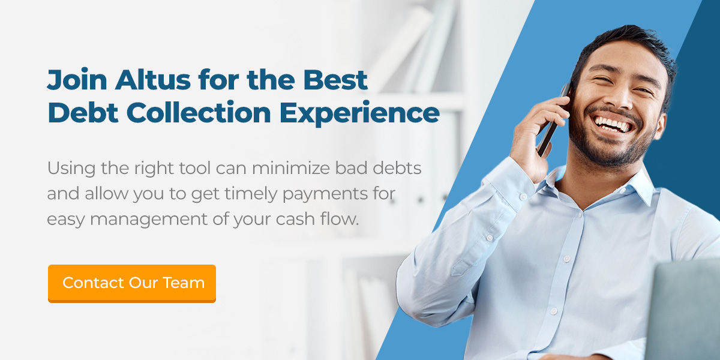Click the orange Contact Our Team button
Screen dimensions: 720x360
tap(132, 283)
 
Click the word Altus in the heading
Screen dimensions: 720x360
tap(152, 79)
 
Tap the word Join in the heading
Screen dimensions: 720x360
tap(77, 80)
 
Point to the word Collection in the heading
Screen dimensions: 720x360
tap(199, 113)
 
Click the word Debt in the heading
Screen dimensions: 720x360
tap(83, 113)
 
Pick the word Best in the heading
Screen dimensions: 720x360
tap(335, 80)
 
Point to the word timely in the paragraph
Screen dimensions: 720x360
tap(251, 194)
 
